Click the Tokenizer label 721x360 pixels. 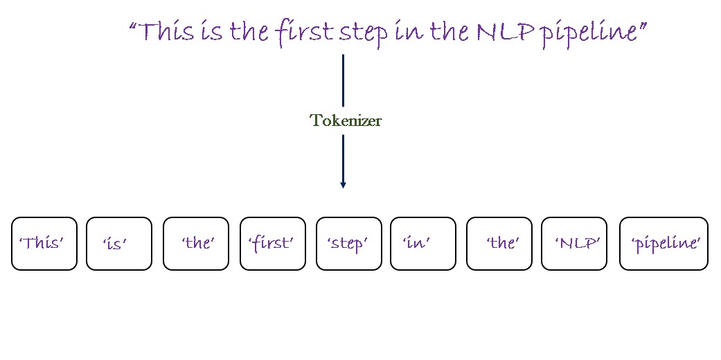point(346,120)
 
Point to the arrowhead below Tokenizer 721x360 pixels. point(343,184)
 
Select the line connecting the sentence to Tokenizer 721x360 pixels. point(343,80)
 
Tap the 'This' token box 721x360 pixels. point(44,244)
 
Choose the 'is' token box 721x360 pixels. point(119,244)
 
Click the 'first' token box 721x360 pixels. point(272,244)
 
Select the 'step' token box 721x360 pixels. point(348,244)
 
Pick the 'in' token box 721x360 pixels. point(422,244)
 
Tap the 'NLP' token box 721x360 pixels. point(573,244)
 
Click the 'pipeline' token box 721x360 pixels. point(664,244)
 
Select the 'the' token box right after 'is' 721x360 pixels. point(196,244)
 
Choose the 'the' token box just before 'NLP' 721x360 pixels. point(499,244)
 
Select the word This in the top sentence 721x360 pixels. point(166,32)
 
